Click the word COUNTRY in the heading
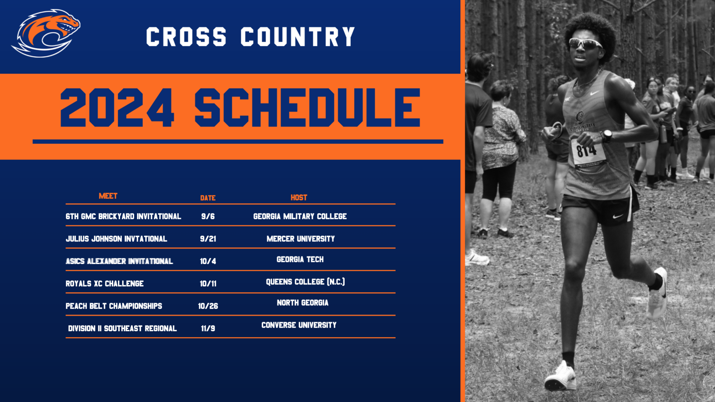298,37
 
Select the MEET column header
108,196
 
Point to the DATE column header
208,198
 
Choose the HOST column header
299,198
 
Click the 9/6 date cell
208,217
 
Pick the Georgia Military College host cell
300,216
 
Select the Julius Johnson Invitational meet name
116,239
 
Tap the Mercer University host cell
301,239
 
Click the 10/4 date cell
208,261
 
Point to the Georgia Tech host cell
300,259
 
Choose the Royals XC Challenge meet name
104,284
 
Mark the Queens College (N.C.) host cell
305,282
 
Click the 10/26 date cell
208,306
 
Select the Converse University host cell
299,325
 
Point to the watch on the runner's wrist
607,135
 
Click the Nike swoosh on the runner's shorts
618,216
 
